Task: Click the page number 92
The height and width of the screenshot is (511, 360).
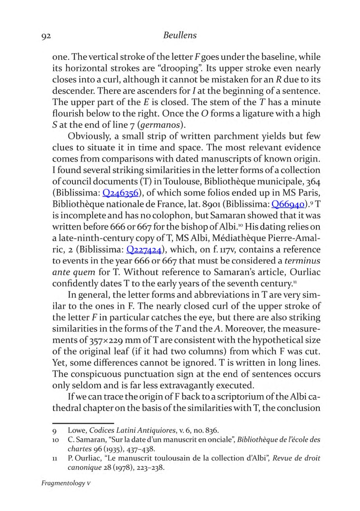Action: click(x=46, y=36)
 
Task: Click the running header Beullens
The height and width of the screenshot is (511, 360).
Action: click(x=180, y=36)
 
